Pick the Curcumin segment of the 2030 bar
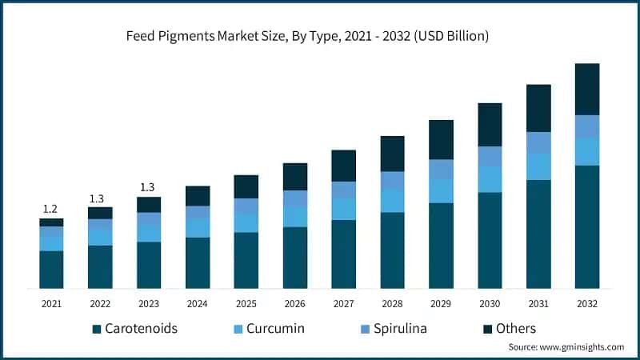pos(490,179)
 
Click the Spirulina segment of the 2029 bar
pos(441,170)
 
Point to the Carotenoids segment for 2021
pos(51,270)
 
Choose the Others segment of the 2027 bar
pos(344,166)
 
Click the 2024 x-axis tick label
pos(198,304)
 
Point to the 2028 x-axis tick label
pos(392,304)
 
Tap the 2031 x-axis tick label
pos(538,304)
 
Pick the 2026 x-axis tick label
pos(295,304)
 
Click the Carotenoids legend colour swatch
pos(97,329)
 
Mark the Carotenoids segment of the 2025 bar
pos(246,260)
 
